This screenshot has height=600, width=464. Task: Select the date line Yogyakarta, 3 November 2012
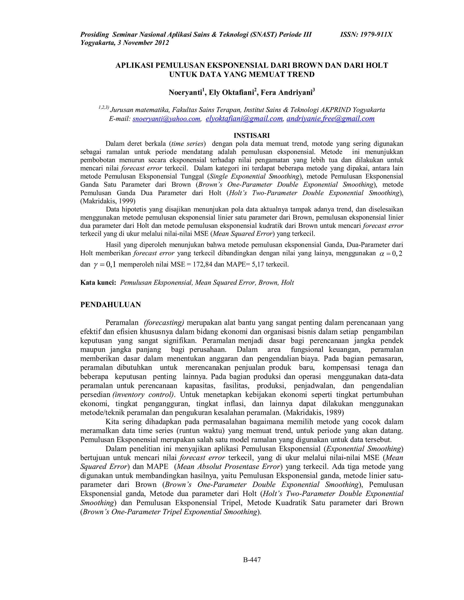click(x=125, y=43)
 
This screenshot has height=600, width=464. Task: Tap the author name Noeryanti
click(x=185, y=93)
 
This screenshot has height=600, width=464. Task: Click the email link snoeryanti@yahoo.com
click(x=166, y=119)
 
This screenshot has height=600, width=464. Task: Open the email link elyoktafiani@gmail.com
click(x=244, y=119)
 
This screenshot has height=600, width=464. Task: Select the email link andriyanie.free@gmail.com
click(x=330, y=119)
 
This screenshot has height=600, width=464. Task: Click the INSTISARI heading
click(x=251, y=135)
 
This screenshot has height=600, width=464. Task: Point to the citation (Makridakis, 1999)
click(x=108, y=201)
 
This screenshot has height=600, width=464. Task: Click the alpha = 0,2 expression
click(x=391, y=254)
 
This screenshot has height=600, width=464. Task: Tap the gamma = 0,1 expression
click(x=105, y=264)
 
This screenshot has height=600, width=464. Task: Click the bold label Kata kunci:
click(x=98, y=283)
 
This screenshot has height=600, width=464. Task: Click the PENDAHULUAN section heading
click(x=111, y=305)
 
